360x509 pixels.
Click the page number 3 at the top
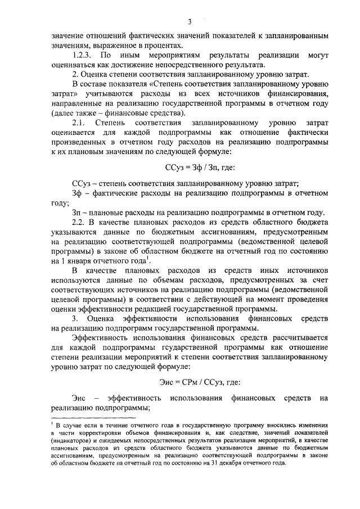(x=190, y=22)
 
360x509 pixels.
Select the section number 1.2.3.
(x=83, y=56)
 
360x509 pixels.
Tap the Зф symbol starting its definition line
(x=77, y=193)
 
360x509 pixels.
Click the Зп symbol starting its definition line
(x=77, y=213)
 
